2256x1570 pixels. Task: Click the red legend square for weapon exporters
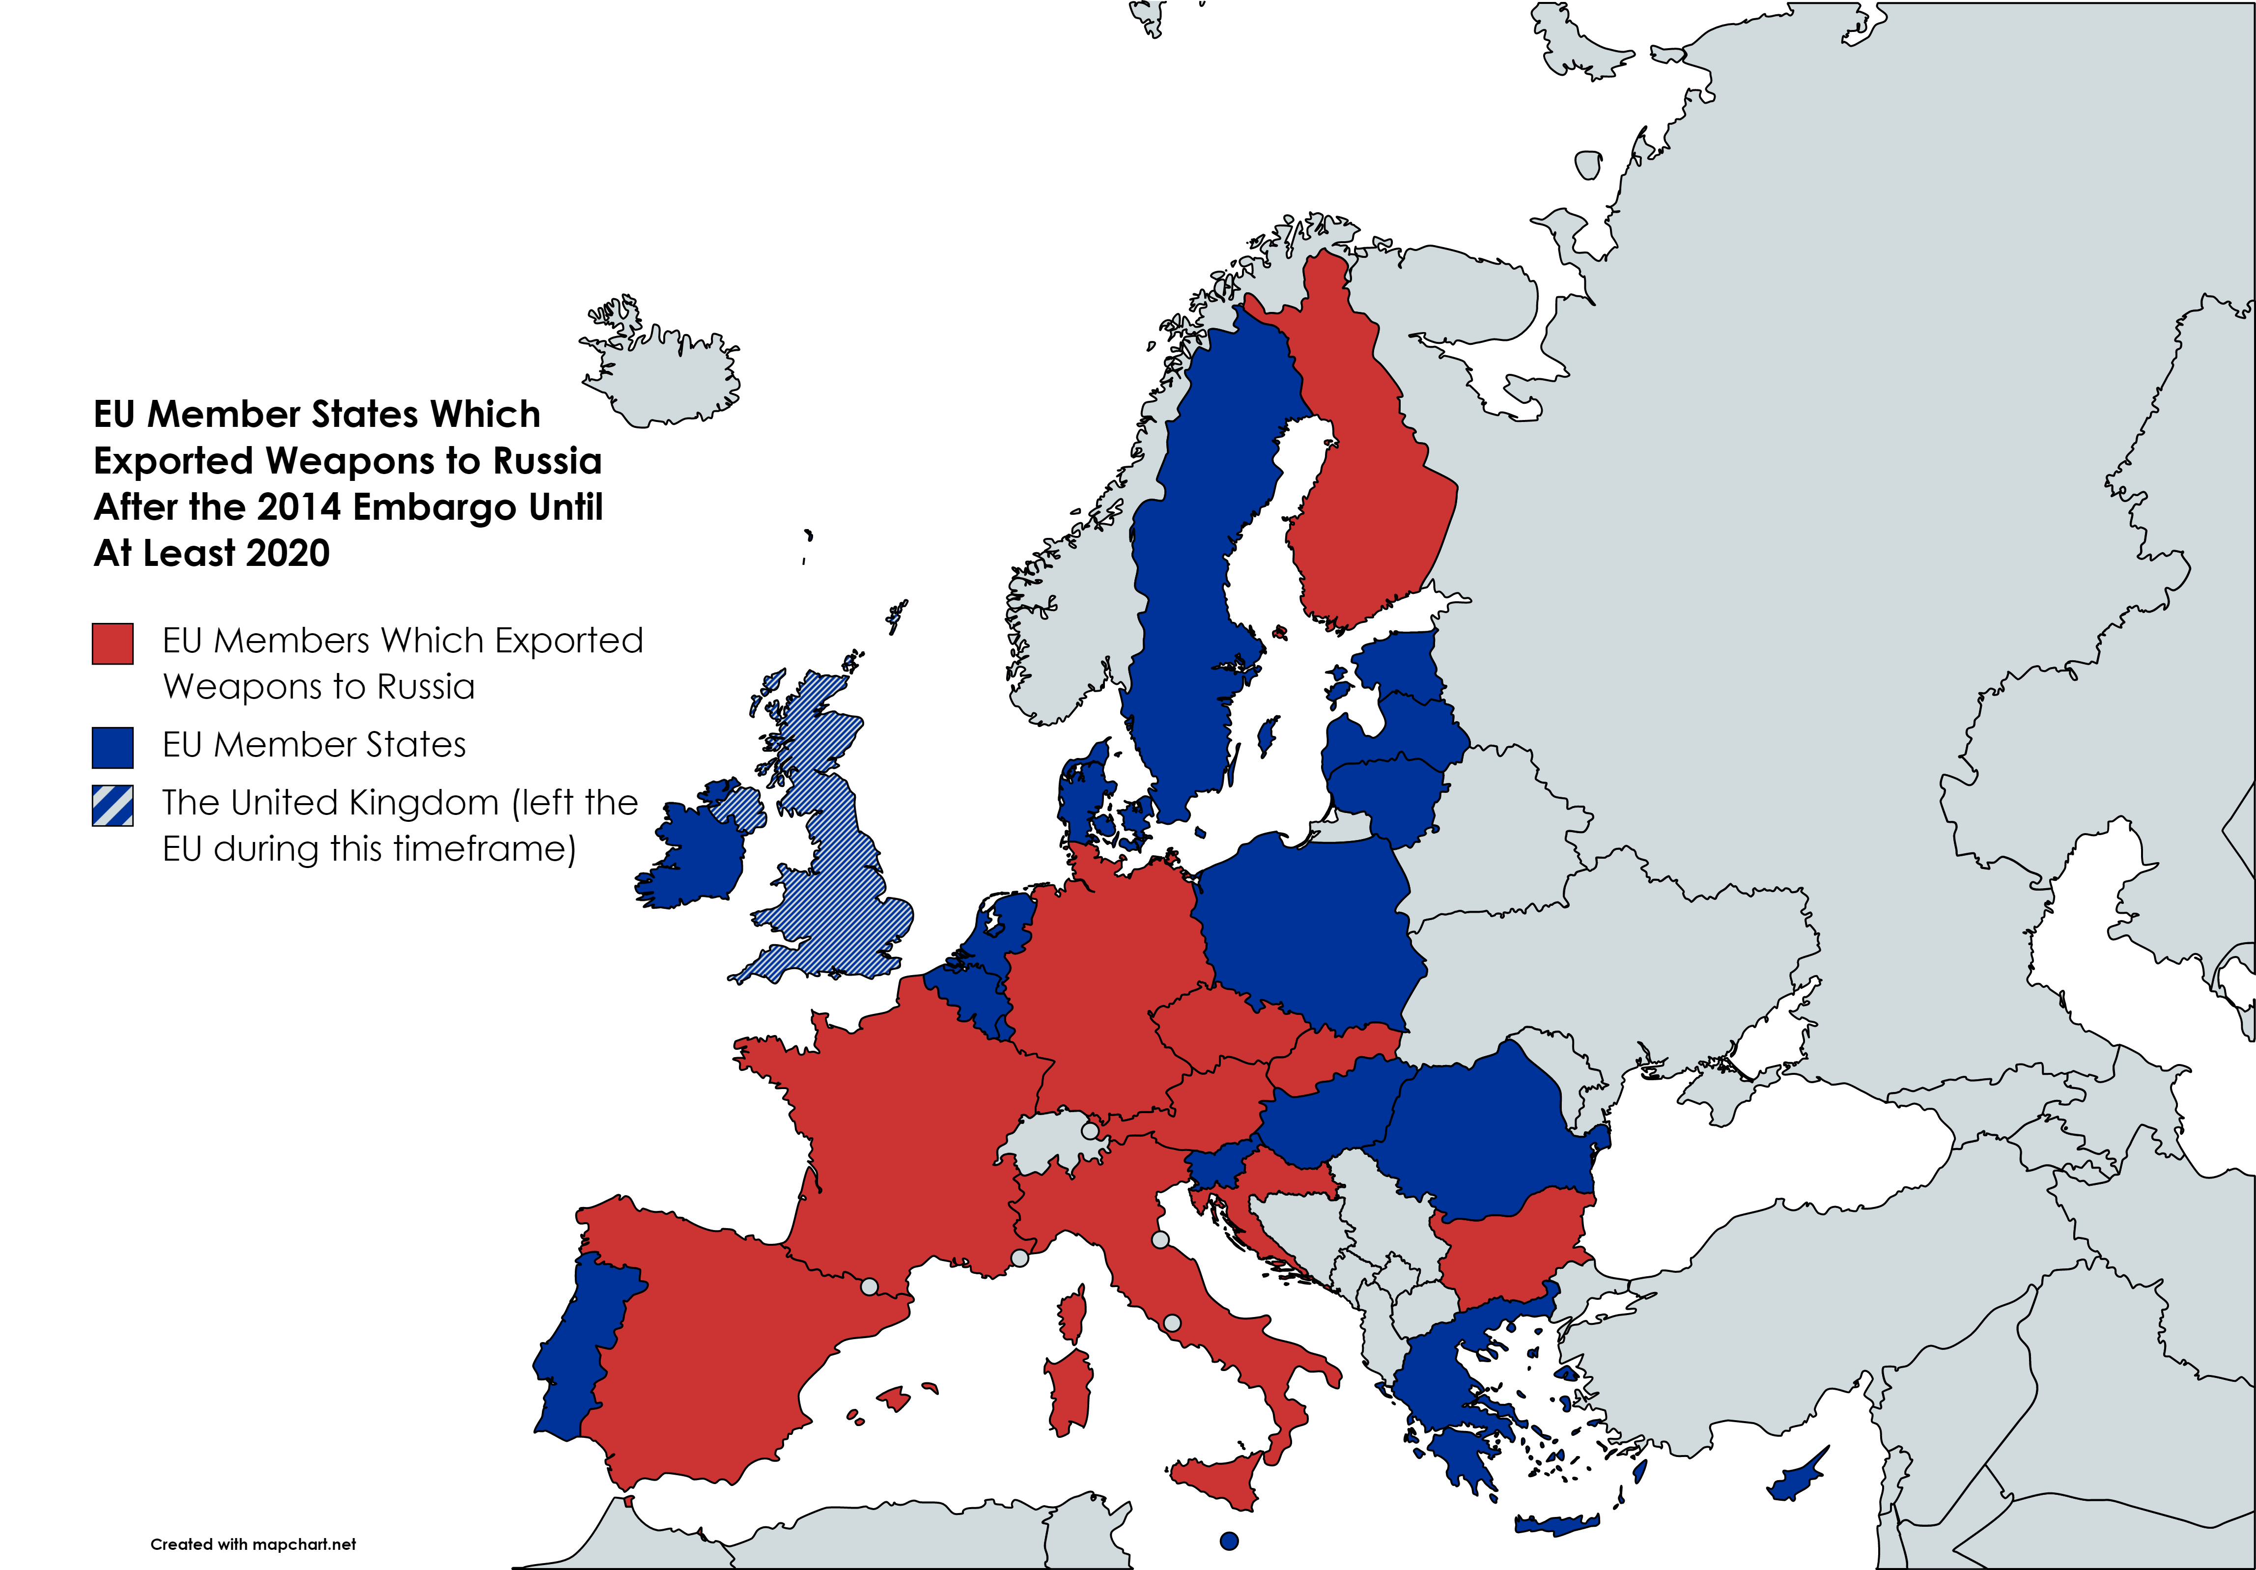(x=113, y=644)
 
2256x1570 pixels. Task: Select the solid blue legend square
(x=113, y=748)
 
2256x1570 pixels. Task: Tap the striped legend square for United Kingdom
(x=113, y=806)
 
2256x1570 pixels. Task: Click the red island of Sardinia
(x=1071, y=1390)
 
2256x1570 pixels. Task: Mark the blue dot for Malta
(x=1228, y=1541)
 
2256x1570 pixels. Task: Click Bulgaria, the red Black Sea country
(x=1508, y=1248)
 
